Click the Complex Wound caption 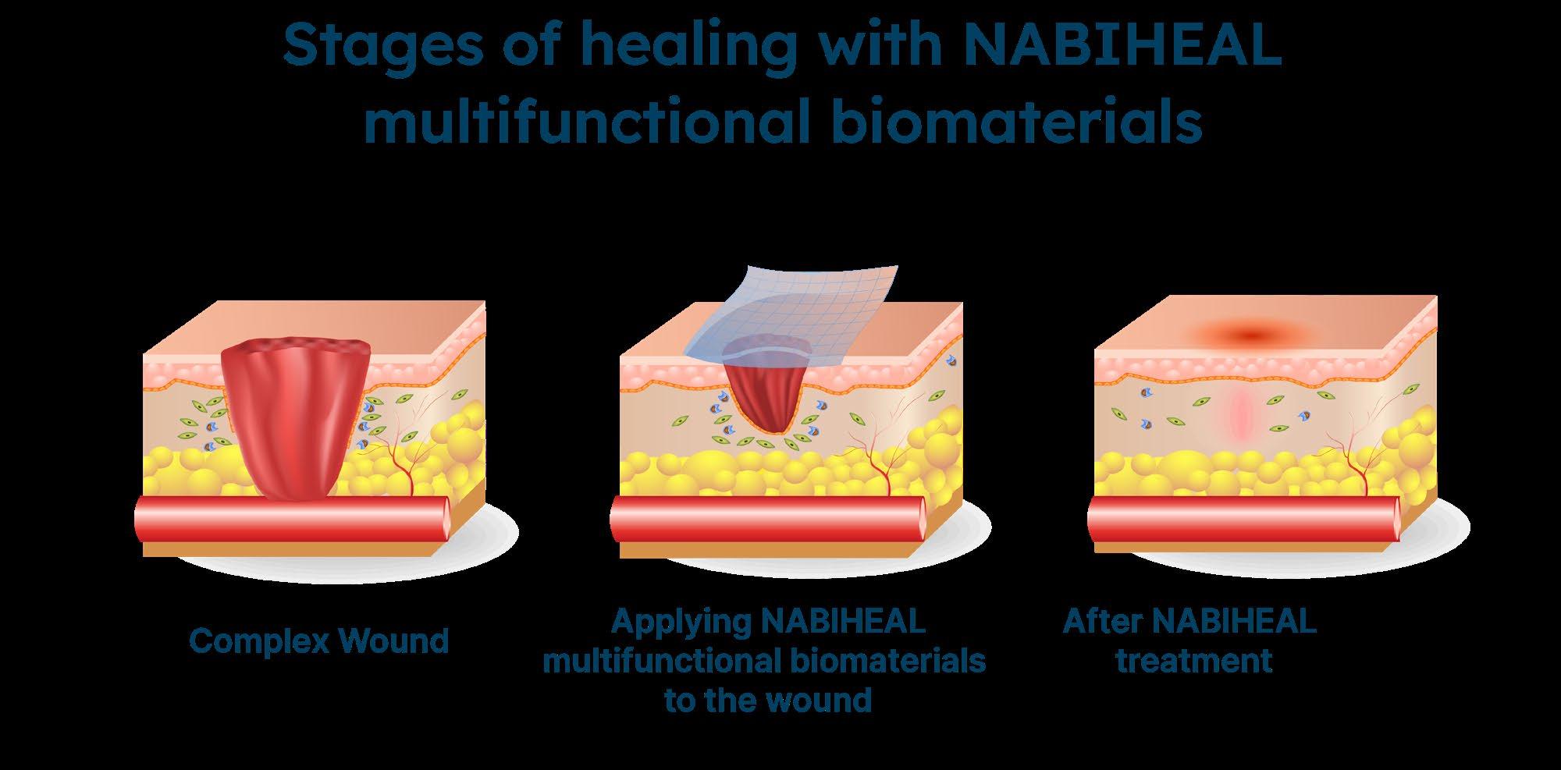(319, 641)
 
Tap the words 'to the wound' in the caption (768, 699)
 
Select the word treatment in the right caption (1194, 661)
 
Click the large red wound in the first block (294, 413)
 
